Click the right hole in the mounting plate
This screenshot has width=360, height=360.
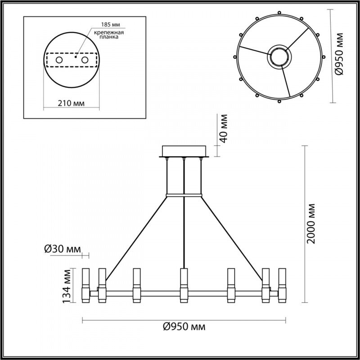(x=85, y=59)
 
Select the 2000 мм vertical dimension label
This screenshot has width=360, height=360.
(x=311, y=223)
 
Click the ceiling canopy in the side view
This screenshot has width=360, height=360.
(x=184, y=151)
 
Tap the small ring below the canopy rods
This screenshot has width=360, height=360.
(x=184, y=195)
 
